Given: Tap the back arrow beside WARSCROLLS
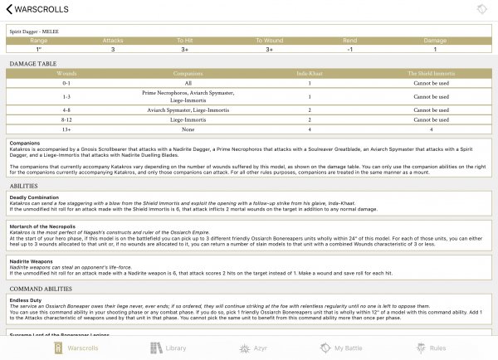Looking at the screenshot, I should (7, 9).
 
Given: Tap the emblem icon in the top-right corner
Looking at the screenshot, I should (481, 9).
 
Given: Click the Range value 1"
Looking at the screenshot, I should (39, 49).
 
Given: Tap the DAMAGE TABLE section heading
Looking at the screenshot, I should (33, 63).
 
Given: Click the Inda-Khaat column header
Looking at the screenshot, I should (309, 73).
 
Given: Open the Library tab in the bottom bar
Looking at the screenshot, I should (169, 348).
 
